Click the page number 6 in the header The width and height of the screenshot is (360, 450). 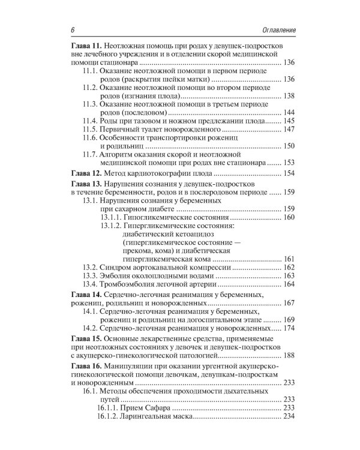72,30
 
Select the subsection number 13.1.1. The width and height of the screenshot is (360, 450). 111,216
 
